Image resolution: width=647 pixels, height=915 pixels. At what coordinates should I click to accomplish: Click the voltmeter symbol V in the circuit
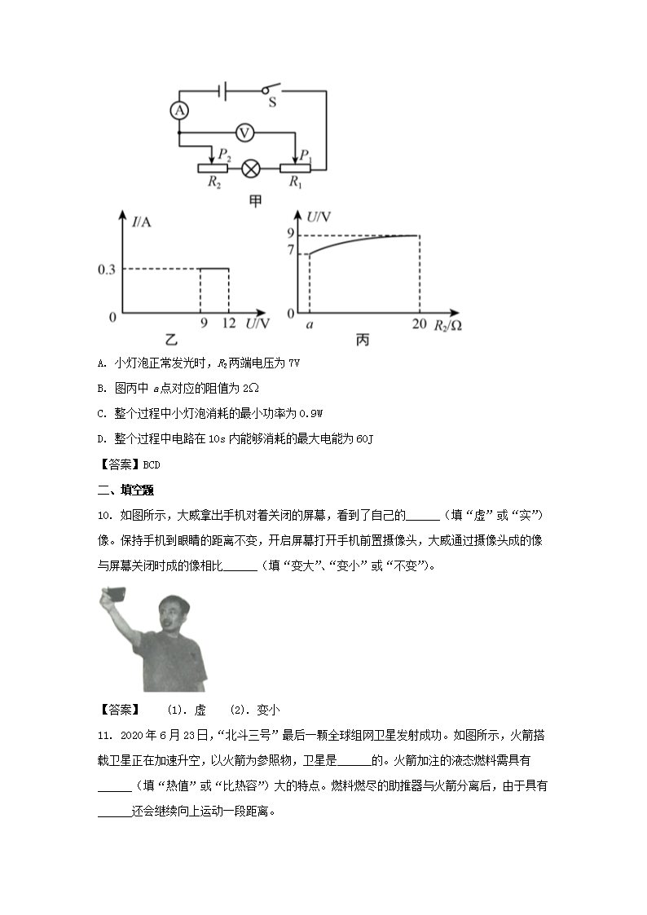coord(243,132)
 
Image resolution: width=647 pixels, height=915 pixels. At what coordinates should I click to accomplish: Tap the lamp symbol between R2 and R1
coord(252,169)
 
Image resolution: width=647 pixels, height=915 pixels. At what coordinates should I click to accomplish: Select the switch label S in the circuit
coord(272,103)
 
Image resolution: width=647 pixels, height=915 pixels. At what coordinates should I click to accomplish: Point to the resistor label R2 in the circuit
coord(214,184)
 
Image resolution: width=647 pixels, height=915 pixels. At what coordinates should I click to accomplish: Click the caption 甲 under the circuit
coord(255,200)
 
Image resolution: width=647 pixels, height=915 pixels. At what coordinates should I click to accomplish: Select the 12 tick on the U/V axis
coord(229,324)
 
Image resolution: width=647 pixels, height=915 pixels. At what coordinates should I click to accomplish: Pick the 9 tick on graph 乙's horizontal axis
coord(200,324)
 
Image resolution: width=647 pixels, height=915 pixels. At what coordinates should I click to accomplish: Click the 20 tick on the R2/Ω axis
coord(419,324)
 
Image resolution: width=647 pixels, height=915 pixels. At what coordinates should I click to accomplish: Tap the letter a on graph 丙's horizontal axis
coord(309,324)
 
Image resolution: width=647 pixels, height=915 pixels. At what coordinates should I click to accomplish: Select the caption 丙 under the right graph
coord(362,340)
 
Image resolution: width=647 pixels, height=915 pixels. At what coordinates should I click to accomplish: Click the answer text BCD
coord(152,465)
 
